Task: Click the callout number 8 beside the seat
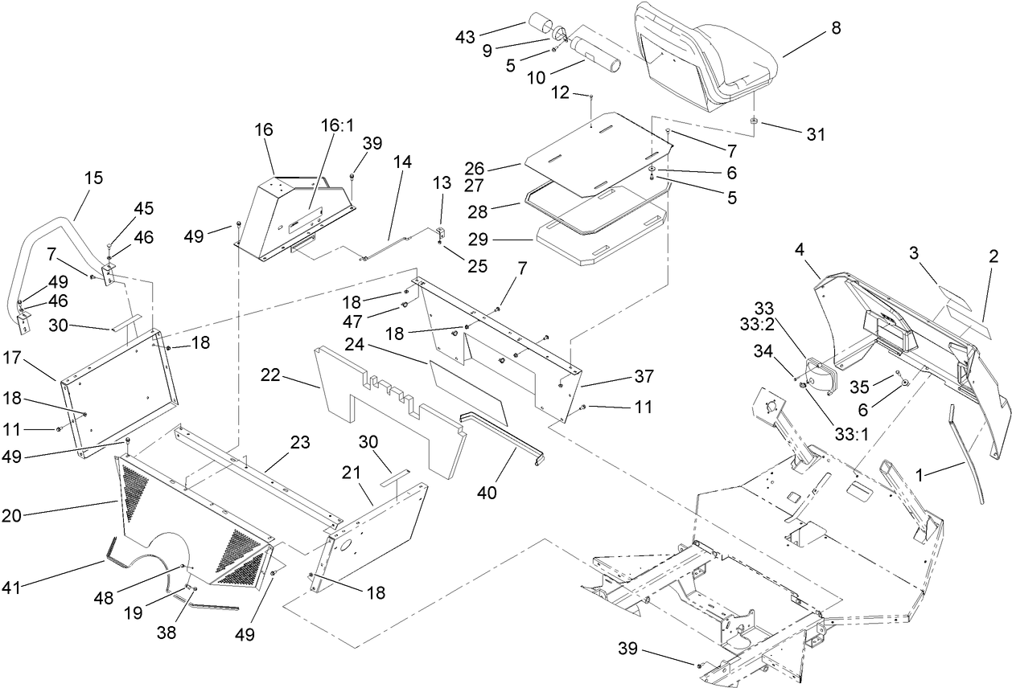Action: [836, 28]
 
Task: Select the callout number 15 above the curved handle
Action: [94, 178]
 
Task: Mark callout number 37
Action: [644, 376]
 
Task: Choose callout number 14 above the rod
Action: [402, 162]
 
